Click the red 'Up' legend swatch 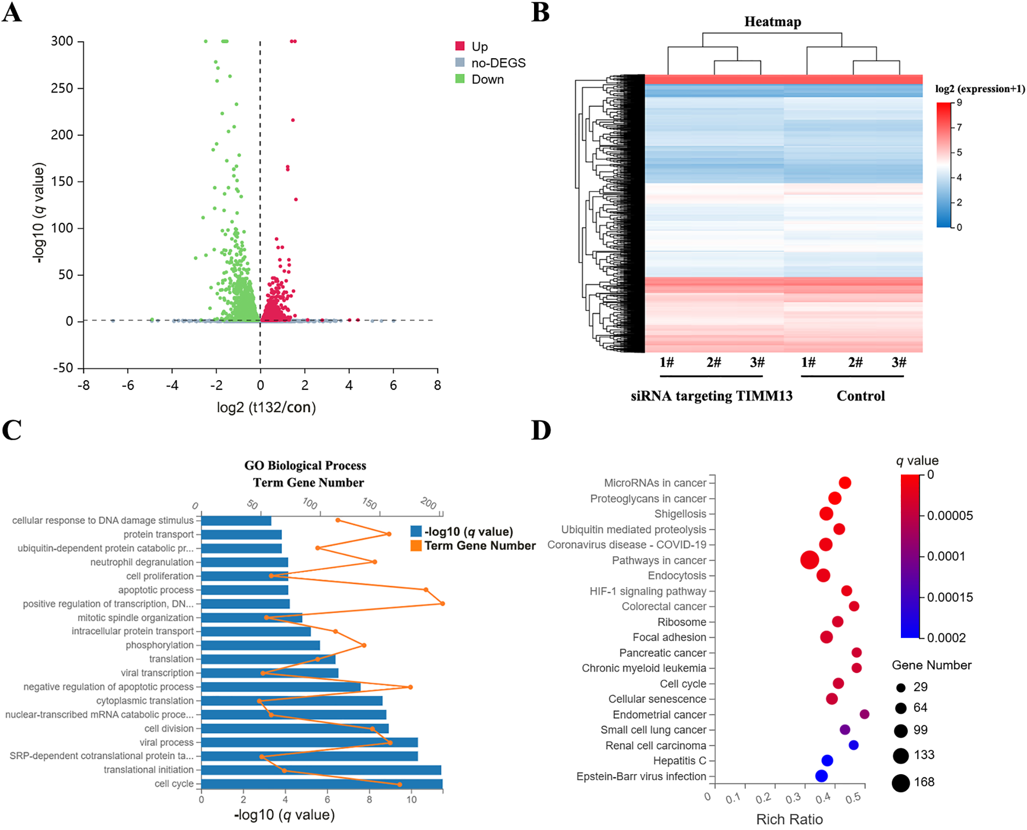point(460,46)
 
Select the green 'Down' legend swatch point(460,79)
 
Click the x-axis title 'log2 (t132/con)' point(266,407)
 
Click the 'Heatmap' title point(772,22)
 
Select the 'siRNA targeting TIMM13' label point(711,396)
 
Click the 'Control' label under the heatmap point(861,396)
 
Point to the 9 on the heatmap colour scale point(959,103)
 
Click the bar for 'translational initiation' point(321,770)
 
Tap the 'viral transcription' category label point(157,672)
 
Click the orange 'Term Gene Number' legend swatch point(416,545)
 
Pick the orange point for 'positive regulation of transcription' point(443,603)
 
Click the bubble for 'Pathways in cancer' point(809,560)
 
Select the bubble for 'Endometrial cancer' point(864,714)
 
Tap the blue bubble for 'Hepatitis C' point(827,761)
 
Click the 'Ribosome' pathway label point(682,622)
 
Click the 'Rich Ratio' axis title point(790,819)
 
